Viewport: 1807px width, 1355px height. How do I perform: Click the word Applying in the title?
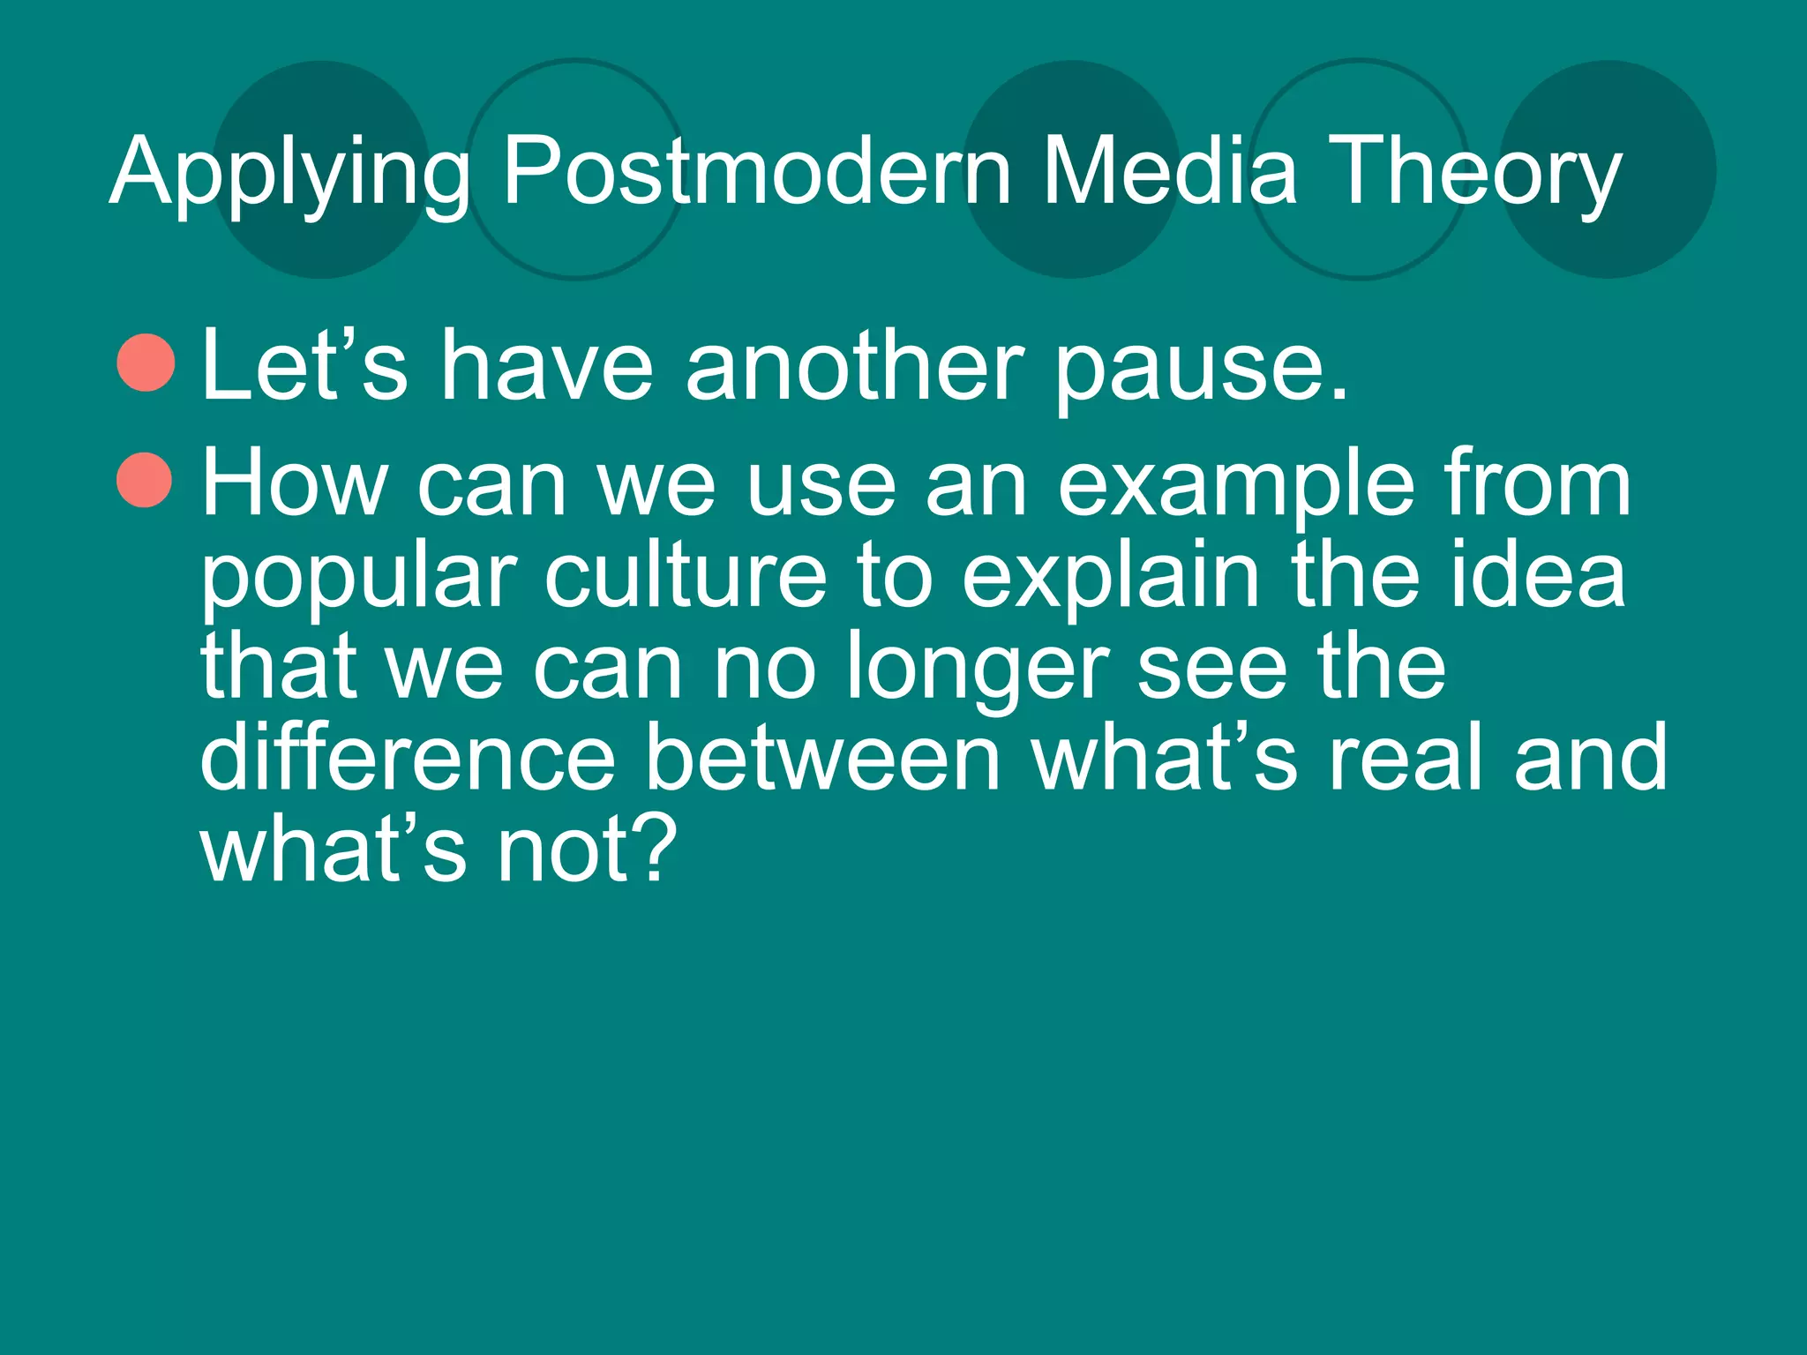(x=289, y=173)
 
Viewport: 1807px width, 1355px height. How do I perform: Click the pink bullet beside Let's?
(x=146, y=363)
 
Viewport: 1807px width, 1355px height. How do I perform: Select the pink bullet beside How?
(x=144, y=481)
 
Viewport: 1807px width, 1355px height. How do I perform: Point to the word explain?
(x=1111, y=579)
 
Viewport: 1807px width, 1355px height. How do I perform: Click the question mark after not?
(x=654, y=848)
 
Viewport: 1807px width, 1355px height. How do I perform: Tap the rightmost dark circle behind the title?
(x=1608, y=169)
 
